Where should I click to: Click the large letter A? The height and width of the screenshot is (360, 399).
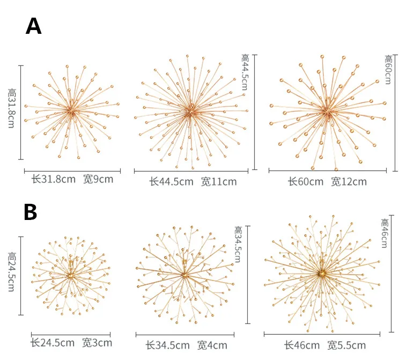pyautogui.click(x=33, y=26)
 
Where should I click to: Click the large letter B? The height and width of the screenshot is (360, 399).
pyautogui.click(x=31, y=212)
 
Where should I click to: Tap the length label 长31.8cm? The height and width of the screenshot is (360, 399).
pyautogui.click(x=53, y=179)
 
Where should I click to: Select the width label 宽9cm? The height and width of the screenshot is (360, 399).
pyautogui.click(x=98, y=179)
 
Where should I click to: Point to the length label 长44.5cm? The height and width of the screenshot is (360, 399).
pyautogui.click(x=171, y=181)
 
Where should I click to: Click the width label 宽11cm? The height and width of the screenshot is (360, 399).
pyautogui.click(x=219, y=181)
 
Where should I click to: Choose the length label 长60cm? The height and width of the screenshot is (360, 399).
pyautogui.click(x=306, y=181)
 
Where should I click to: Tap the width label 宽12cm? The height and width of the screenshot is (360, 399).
pyautogui.click(x=349, y=181)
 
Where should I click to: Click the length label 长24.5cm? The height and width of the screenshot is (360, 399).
pyautogui.click(x=52, y=342)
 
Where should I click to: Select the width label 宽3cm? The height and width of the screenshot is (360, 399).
pyautogui.click(x=97, y=342)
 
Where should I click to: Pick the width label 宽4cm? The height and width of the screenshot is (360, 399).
pyautogui.click(x=212, y=345)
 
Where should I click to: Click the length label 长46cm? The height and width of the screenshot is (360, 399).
pyautogui.click(x=302, y=344)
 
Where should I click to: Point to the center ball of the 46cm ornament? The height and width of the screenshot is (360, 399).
pyautogui.click(x=322, y=274)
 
